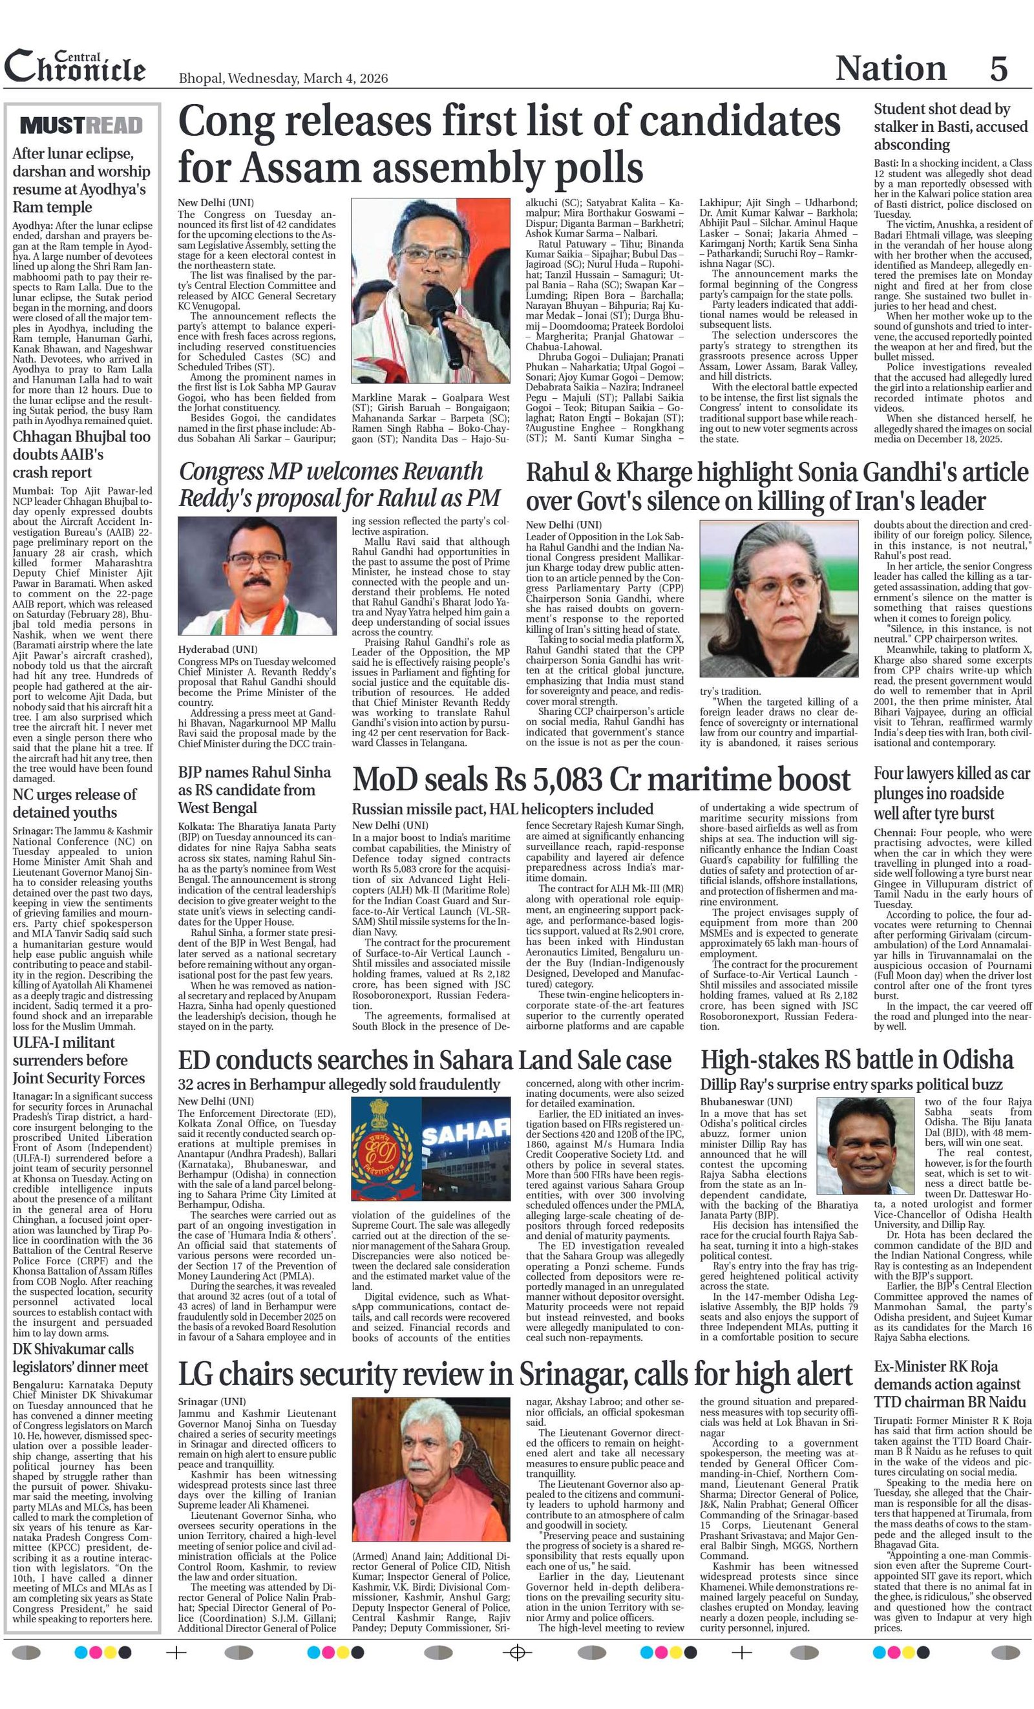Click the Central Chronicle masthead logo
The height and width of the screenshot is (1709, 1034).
point(75,67)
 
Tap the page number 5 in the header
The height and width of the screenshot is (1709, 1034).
point(998,68)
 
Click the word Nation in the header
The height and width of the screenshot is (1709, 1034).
point(891,68)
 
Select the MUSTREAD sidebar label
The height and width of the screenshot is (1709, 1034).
point(82,125)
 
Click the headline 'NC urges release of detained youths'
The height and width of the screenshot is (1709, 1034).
point(74,803)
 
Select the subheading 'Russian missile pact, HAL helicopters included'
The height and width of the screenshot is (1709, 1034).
point(502,809)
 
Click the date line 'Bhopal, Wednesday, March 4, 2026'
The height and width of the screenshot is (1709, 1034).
point(283,78)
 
